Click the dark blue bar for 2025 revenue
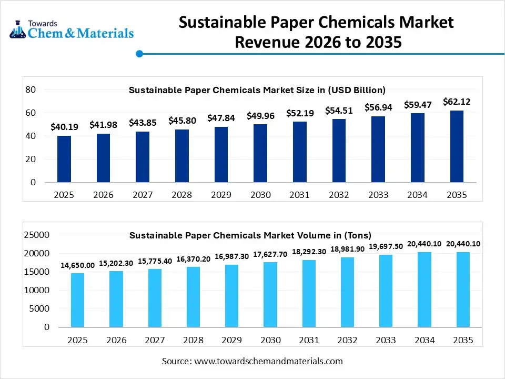[x=64, y=159]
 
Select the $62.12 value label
[x=457, y=101]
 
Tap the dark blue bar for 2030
[x=260, y=153]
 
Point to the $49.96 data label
[x=260, y=116]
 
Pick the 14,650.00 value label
[x=77, y=265]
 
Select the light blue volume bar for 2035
[x=463, y=290]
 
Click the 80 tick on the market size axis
[x=30, y=90]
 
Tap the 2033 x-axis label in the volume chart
[x=386, y=341]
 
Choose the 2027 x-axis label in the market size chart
[x=143, y=195]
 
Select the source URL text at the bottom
[x=252, y=361]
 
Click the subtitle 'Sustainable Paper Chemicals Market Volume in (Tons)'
[x=250, y=235]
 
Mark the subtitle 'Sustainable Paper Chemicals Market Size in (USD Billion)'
[x=257, y=90]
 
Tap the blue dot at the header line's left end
[x=139, y=54]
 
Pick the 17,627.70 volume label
[x=270, y=254]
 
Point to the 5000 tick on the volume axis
[x=39, y=309]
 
